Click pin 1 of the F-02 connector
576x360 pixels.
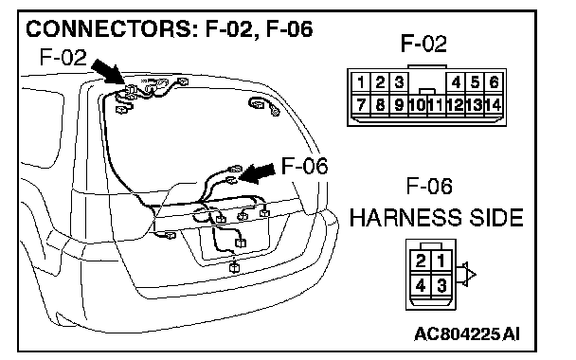361,82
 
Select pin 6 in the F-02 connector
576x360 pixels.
495,82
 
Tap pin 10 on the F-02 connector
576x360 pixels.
418,105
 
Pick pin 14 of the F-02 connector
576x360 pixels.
495,105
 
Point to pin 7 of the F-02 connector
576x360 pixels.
361,105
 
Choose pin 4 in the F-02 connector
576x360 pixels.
456,82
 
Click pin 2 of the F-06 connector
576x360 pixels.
421,261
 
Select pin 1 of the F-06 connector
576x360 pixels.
441,261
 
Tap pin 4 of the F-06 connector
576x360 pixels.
421,285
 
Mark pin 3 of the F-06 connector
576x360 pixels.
441,285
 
